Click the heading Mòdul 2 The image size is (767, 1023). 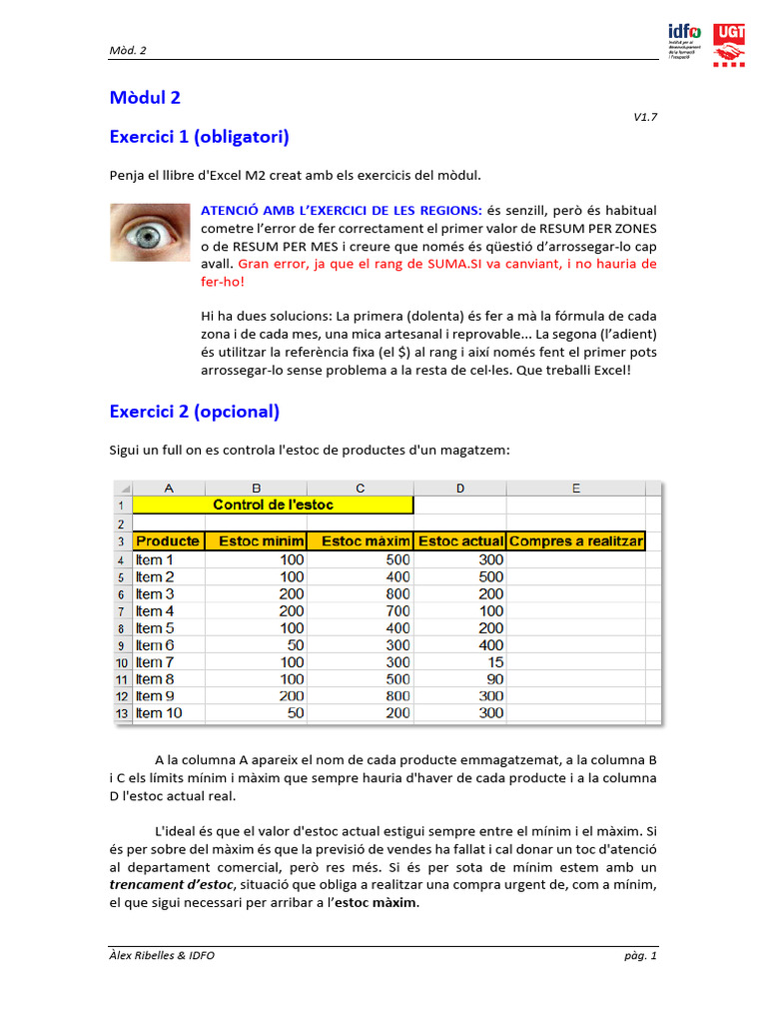(x=145, y=98)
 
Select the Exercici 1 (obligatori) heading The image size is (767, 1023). (x=199, y=136)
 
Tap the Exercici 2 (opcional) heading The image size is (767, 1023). (x=194, y=412)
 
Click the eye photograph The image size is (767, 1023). (x=150, y=233)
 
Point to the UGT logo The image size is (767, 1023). (x=729, y=45)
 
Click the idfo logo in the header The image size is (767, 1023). (x=684, y=40)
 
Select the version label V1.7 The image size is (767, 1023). (x=645, y=117)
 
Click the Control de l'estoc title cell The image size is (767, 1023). (x=272, y=506)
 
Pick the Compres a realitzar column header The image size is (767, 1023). (x=575, y=541)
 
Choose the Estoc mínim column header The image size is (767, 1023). (x=261, y=541)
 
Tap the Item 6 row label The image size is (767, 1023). (x=155, y=645)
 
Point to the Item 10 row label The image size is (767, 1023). (x=159, y=713)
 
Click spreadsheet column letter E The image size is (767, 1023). (x=576, y=488)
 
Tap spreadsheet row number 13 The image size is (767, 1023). (x=120, y=713)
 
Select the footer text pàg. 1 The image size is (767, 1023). (x=640, y=955)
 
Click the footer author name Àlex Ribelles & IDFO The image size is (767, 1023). (x=162, y=955)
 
